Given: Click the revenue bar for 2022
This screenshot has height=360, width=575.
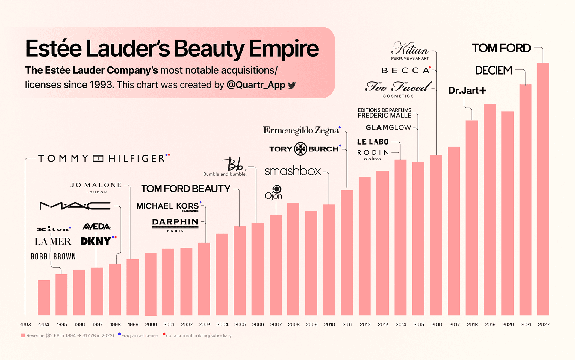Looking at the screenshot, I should click(x=543, y=189).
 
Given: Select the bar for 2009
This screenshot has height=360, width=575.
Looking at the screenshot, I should click(x=311, y=263).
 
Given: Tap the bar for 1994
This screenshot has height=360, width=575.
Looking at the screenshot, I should click(x=44, y=298).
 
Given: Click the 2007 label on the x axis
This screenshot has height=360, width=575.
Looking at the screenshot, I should click(x=276, y=324).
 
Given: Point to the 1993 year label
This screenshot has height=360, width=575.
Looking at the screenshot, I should click(x=26, y=325).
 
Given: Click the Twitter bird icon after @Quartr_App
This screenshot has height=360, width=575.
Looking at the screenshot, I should click(x=292, y=85).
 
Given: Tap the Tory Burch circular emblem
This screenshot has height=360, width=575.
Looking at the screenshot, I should click(x=300, y=149).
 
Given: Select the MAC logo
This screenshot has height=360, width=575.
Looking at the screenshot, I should click(x=75, y=206).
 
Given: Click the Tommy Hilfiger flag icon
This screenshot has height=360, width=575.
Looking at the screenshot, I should click(x=98, y=158).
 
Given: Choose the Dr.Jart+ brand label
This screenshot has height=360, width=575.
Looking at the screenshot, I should click(x=467, y=90).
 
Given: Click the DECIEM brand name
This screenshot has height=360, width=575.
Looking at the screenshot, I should click(x=494, y=70).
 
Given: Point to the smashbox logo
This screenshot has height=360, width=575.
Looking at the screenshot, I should click(x=293, y=171).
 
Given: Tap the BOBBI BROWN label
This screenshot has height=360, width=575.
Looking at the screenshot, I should click(x=53, y=256).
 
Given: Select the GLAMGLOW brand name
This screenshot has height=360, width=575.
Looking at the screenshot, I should click(x=388, y=128).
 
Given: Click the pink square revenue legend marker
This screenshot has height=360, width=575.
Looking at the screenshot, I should click(x=23, y=335).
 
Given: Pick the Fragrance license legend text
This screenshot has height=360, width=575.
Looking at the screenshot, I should click(x=140, y=336).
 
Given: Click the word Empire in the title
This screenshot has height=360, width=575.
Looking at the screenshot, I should click(x=284, y=48).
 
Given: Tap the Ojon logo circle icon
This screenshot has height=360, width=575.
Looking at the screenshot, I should click(x=277, y=189).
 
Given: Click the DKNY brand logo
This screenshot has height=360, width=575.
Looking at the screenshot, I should click(x=96, y=241).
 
